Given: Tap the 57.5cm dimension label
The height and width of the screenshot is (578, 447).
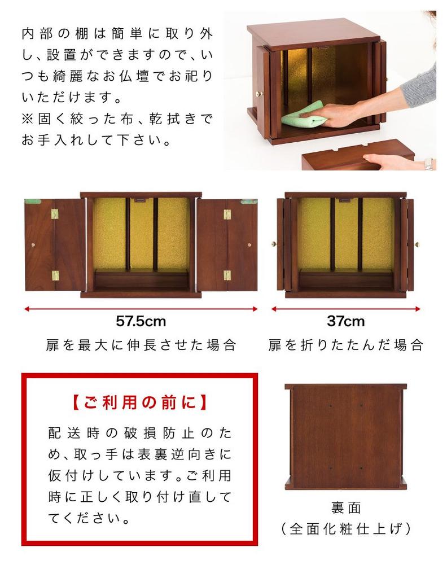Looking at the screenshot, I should (x=141, y=322).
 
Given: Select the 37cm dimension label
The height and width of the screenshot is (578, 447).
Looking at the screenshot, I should (x=345, y=322).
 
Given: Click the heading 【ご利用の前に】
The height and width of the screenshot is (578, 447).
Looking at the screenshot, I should (x=140, y=403).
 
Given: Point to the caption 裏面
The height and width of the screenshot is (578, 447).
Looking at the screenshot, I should (x=346, y=508).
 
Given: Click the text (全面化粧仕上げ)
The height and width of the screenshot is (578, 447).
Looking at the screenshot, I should (x=346, y=529).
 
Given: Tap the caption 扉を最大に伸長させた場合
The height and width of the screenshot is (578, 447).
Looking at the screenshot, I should (x=141, y=345).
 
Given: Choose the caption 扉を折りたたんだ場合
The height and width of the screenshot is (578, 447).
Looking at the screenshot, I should (x=345, y=345).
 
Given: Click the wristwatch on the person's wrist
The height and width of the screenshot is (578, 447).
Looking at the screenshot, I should (x=428, y=164).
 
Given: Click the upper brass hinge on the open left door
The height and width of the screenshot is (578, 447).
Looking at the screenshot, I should (x=55, y=214).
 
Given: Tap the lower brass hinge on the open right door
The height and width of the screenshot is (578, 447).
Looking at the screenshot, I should (x=227, y=275).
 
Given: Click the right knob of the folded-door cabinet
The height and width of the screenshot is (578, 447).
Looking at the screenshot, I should (x=417, y=244).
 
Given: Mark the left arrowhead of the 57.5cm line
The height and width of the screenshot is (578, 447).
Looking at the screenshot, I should (x=27, y=309).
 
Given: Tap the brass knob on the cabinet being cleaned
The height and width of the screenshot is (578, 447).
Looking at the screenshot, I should (x=260, y=93).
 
